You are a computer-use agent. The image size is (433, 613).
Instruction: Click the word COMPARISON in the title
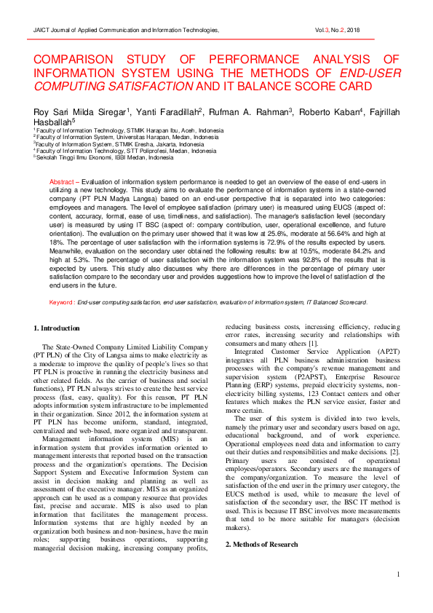(81, 59)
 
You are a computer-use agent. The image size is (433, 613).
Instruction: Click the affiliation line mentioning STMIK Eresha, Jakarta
(119, 144)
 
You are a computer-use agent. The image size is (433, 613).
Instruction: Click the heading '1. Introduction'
(60, 329)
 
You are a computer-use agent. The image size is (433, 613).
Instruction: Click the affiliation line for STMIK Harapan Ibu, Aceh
(124, 131)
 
